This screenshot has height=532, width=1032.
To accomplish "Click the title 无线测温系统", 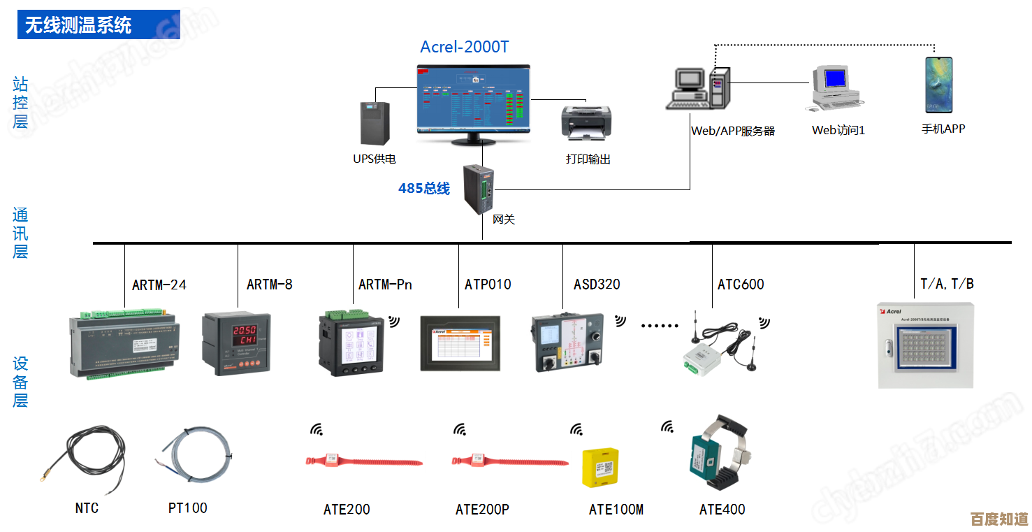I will point(78,25).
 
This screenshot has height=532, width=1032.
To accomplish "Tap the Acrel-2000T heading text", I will point(464,47).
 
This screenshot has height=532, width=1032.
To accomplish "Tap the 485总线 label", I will point(424,188).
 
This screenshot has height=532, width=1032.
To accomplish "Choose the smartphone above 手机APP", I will point(938,85).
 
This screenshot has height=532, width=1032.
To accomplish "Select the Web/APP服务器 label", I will point(732,131).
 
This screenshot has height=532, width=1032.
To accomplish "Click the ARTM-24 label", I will point(159,285).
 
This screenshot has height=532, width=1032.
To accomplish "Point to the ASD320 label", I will point(597,285).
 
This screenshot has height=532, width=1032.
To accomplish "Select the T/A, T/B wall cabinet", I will point(925,345).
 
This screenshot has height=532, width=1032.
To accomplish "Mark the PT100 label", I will point(187,508).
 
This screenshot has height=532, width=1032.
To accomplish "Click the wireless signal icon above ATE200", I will point(317,429).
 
